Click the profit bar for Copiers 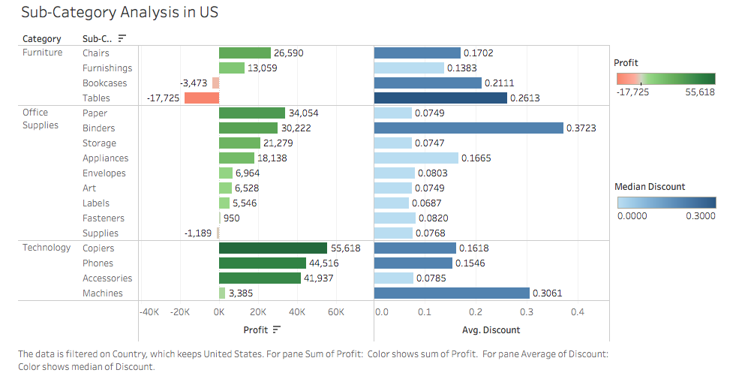273,248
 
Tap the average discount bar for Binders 468,128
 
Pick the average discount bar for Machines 452,293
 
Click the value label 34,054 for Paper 303,113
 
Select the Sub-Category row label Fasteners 104,218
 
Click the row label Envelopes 104,173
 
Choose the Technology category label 47,248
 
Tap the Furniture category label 43,53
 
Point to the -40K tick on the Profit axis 149,311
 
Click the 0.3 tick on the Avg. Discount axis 527,311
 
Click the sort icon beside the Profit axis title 277,329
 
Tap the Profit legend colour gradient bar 665,79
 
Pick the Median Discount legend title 650,187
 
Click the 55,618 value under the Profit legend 700,92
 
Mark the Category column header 42,38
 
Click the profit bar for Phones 263,263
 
